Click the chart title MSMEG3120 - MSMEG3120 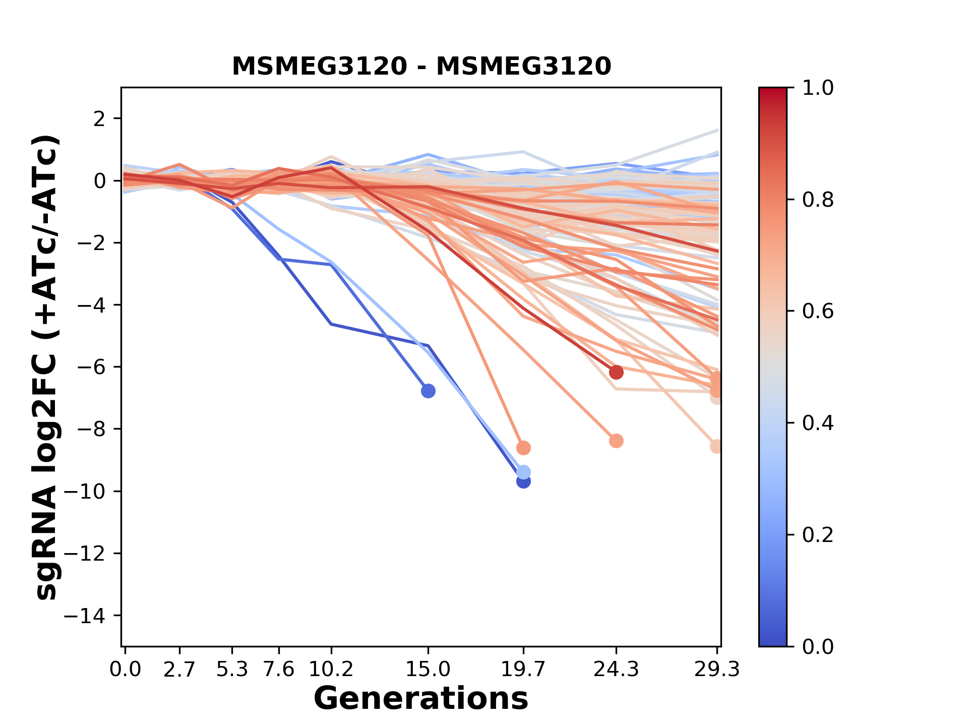pos(421,67)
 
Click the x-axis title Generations pos(421,699)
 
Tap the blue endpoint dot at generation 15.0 pos(428,391)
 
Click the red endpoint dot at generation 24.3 pos(616,373)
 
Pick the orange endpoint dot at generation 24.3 pos(616,441)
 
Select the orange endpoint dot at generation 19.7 pos(523,448)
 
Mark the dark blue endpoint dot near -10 pos(523,481)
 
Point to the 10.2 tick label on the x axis pos(331,670)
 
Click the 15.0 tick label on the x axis pos(428,670)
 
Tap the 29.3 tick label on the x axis pos(717,670)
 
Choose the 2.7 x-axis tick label pos(179,670)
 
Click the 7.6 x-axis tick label pos(279,670)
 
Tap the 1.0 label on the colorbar pos(818,88)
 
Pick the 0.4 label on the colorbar pos(818,423)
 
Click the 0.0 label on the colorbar pos(818,646)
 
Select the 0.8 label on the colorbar pos(818,200)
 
